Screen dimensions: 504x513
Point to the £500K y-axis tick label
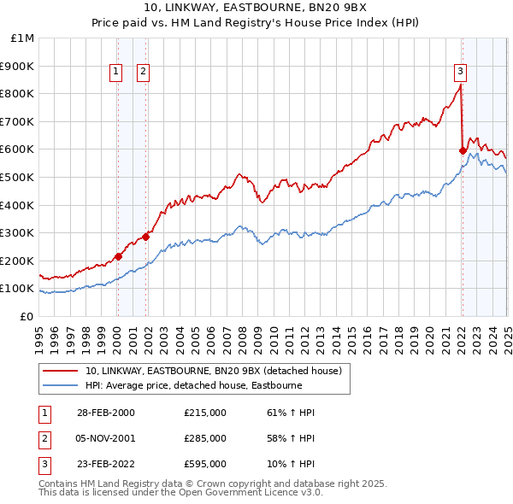tap(18, 177)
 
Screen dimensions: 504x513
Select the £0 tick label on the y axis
tap(27, 316)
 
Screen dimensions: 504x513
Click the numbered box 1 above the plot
tap(115, 73)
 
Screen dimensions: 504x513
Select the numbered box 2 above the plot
tap(143, 73)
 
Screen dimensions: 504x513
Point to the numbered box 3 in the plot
tap(460, 73)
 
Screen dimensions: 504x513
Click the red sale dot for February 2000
tap(119, 256)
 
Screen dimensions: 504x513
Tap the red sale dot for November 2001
tap(146, 237)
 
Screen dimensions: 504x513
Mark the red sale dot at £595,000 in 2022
tap(463, 151)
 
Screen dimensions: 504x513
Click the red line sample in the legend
tap(62, 371)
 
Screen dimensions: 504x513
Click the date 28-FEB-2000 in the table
tap(105, 413)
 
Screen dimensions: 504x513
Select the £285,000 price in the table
tap(205, 438)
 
